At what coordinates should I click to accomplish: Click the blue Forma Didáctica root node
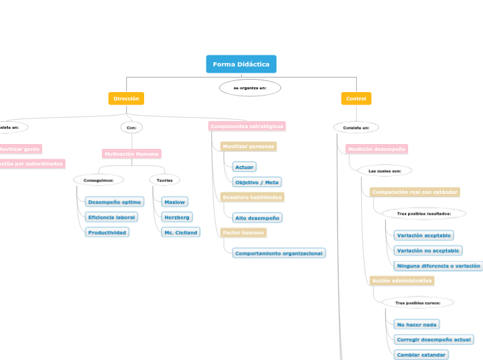click(x=241, y=64)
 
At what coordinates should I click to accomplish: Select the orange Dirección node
click(x=126, y=99)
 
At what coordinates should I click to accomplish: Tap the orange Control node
click(x=356, y=99)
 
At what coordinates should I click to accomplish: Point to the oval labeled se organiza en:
click(x=250, y=88)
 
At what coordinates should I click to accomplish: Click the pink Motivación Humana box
click(x=132, y=154)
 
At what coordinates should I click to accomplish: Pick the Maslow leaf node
click(x=174, y=202)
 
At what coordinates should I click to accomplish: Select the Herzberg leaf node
click(x=177, y=217)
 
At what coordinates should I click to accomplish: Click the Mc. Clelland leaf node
click(x=181, y=233)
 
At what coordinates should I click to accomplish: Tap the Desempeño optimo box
click(x=114, y=202)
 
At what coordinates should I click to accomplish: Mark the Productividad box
click(x=107, y=233)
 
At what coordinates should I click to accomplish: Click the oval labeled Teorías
click(x=165, y=180)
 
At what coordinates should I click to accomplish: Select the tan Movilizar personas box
click(x=248, y=147)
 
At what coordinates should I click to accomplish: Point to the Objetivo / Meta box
click(x=257, y=182)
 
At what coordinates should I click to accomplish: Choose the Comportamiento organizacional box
click(x=279, y=253)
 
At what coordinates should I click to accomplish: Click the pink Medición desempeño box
click(x=376, y=149)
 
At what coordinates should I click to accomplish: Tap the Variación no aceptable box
click(x=428, y=251)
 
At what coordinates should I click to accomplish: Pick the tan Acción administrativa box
click(x=402, y=281)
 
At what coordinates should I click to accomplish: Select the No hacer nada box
click(x=416, y=324)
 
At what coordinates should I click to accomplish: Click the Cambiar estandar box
click(x=421, y=354)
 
